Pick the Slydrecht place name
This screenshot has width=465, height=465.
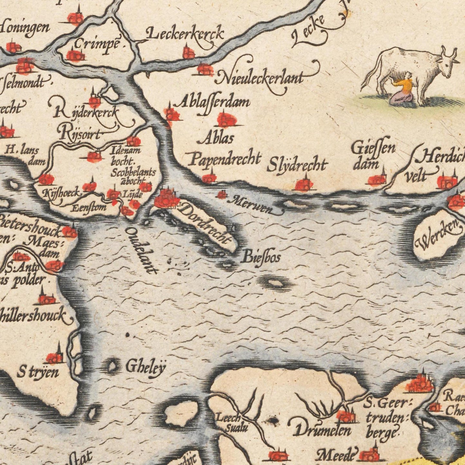pyautogui.click(x=297, y=165)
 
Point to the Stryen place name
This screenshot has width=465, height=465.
pyautogui.click(x=38, y=373)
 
